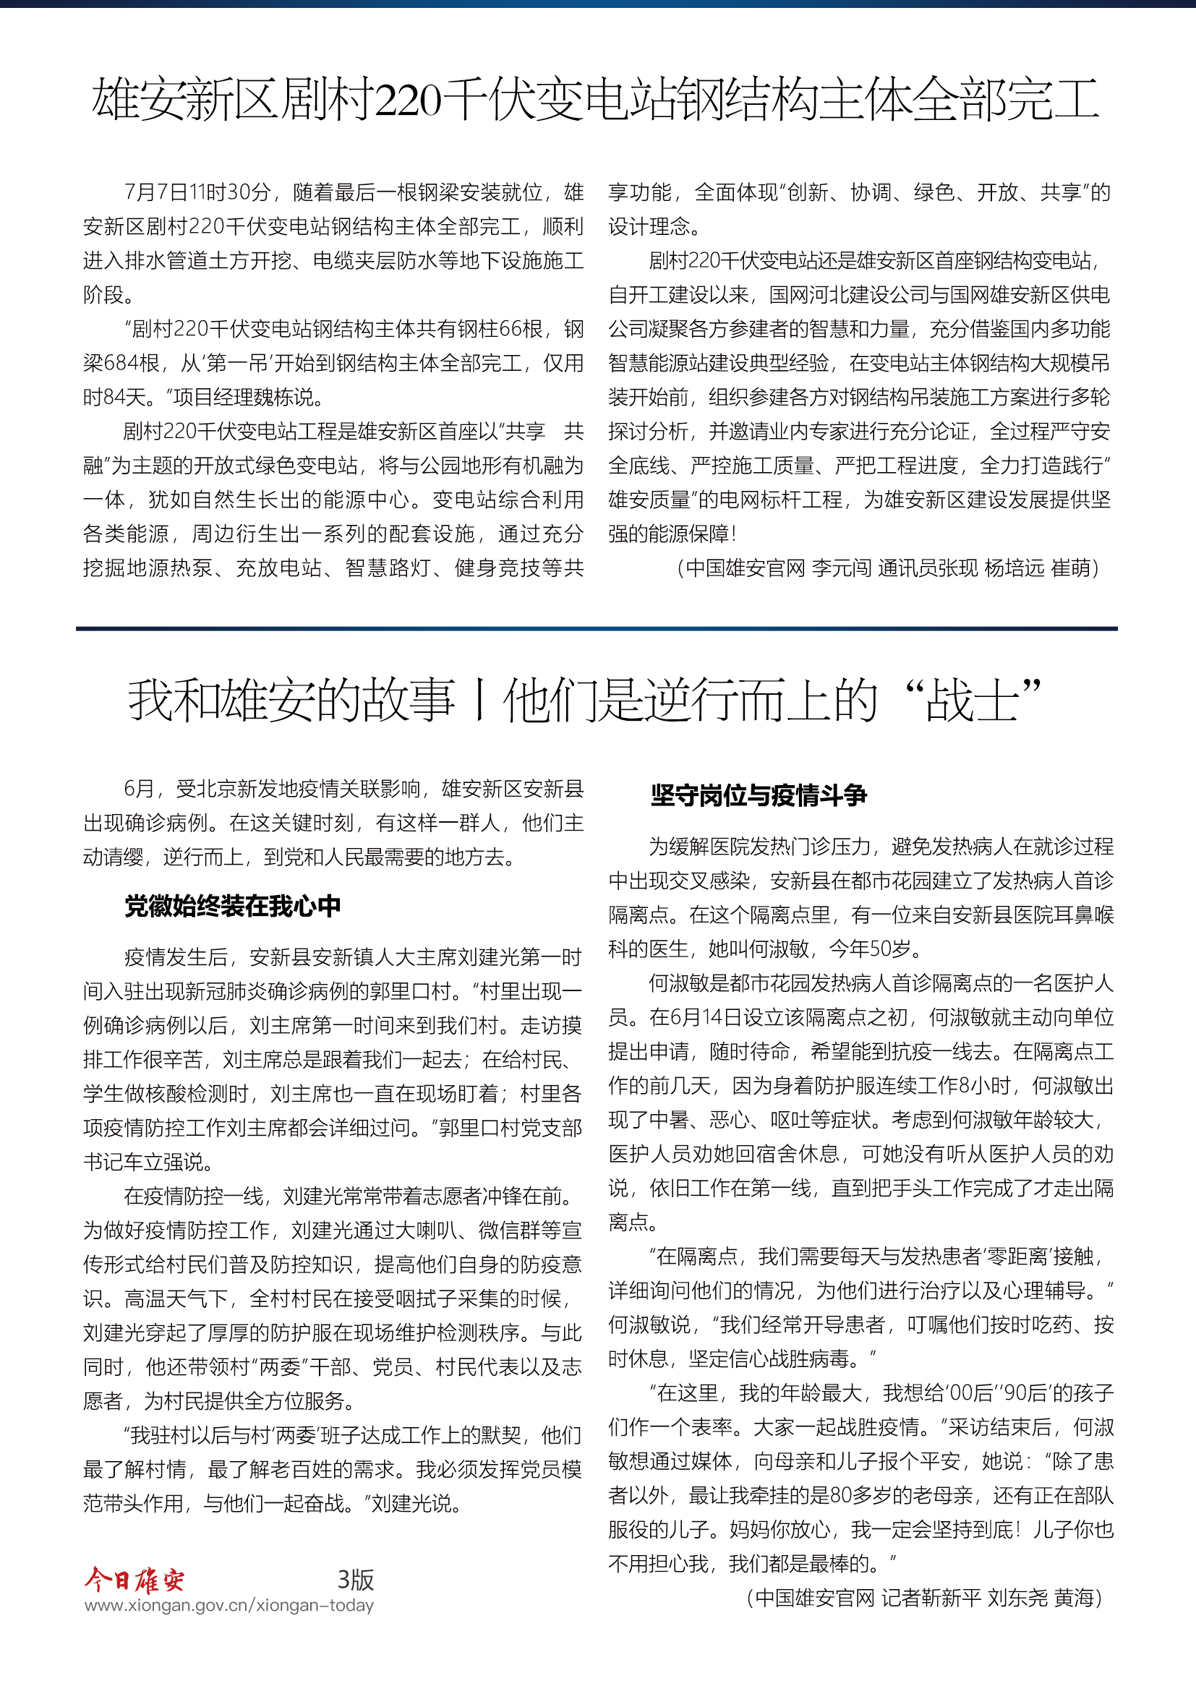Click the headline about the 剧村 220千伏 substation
(595, 100)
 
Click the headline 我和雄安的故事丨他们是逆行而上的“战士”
(586, 701)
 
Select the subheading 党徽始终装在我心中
(232, 906)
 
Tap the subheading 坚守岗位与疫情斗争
(759, 795)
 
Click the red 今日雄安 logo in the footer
(134, 1580)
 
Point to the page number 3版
(356, 1580)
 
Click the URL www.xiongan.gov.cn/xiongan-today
(229, 1606)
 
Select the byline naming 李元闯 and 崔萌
(887, 568)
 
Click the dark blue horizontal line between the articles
(597, 629)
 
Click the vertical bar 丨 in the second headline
(479, 701)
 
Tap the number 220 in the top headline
(407, 101)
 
